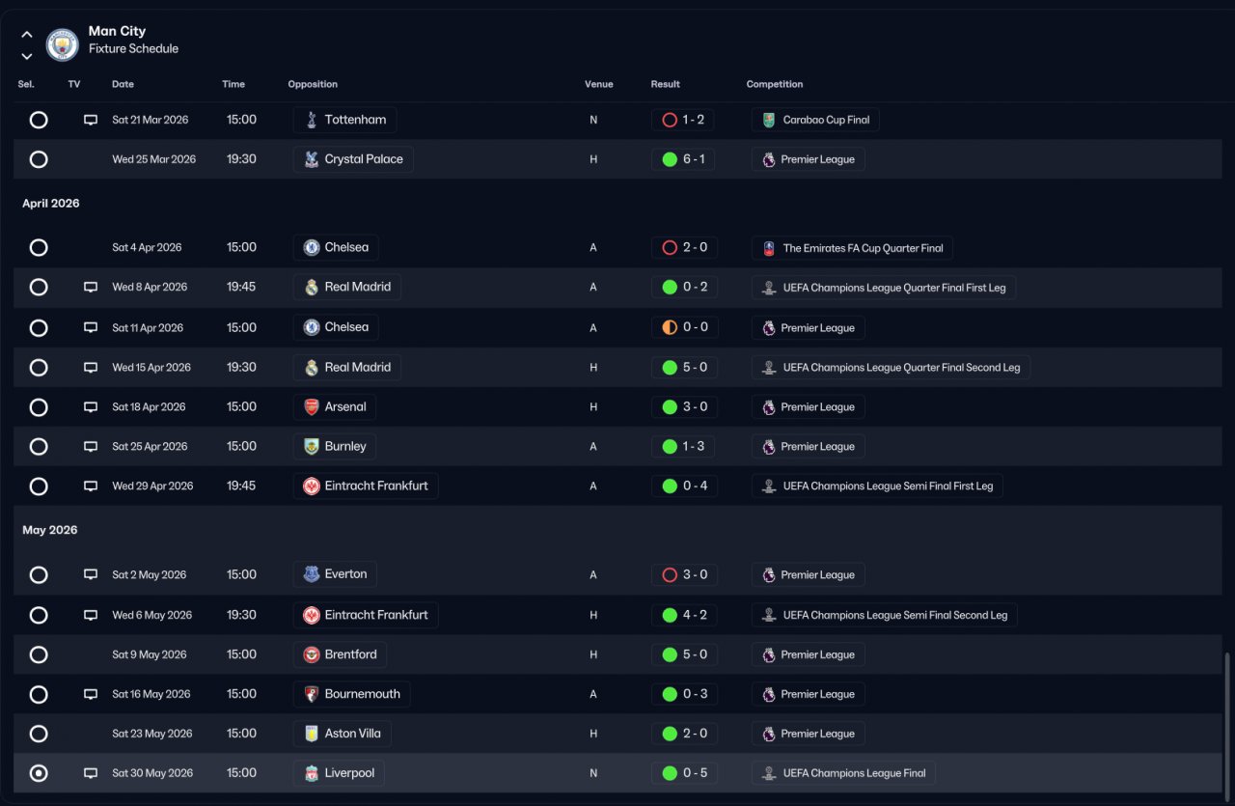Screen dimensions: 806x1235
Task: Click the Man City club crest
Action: point(63,44)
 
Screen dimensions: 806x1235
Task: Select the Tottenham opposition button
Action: point(344,120)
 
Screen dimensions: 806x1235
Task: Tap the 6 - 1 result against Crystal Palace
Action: point(683,159)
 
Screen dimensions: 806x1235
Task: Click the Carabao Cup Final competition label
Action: point(815,120)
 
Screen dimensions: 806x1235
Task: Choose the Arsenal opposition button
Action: point(334,407)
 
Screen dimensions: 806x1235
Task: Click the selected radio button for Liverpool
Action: point(39,773)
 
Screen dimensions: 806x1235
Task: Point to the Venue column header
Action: point(598,84)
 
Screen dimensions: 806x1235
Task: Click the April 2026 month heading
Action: point(51,204)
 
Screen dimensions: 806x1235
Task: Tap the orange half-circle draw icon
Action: point(670,327)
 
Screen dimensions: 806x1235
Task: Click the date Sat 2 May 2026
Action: point(149,575)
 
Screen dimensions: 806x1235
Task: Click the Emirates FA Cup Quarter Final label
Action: point(852,248)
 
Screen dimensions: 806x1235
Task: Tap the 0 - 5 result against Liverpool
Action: point(683,773)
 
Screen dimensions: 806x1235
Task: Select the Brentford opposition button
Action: point(340,654)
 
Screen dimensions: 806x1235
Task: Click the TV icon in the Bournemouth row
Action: point(91,694)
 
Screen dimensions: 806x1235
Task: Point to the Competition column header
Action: point(774,84)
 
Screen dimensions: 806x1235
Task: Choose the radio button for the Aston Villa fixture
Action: point(39,734)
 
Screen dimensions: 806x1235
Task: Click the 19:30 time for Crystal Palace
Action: point(241,159)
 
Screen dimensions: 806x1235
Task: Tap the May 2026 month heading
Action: point(50,530)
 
